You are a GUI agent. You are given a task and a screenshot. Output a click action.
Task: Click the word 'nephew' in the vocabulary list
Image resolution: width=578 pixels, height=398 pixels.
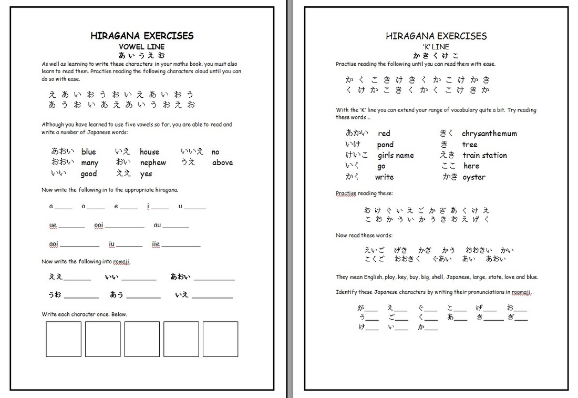click(x=152, y=163)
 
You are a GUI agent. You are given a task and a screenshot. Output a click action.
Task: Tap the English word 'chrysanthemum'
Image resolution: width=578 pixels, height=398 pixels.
click(x=489, y=134)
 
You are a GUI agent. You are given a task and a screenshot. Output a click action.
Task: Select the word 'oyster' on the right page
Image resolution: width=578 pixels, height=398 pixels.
click(x=474, y=177)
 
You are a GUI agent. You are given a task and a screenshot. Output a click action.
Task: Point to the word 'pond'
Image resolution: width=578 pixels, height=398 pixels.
click(x=385, y=145)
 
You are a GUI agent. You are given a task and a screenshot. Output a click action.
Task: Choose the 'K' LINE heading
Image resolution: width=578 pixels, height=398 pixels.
click(x=436, y=47)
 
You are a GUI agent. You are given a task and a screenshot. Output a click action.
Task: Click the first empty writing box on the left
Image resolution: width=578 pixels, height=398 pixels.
click(x=64, y=339)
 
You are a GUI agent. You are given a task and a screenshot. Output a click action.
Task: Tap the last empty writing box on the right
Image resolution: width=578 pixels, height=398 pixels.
click(x=220, y=339)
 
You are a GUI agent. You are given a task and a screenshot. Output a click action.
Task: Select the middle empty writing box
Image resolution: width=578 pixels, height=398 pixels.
click(x=142, y=339)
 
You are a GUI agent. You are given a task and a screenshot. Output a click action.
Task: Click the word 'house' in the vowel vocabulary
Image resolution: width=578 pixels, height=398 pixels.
click(x=149, y=152)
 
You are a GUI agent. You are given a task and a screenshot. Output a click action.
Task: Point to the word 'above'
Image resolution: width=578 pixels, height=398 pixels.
click(x=222, y=163)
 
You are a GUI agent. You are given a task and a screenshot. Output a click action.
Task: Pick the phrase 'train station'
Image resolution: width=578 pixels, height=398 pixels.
click(x=484, y=156)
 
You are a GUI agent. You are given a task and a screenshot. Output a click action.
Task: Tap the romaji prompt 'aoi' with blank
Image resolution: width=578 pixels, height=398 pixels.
click(x=54, y=244)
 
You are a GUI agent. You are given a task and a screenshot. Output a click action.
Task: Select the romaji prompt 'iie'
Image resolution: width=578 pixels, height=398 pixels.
click(x=156, y=244)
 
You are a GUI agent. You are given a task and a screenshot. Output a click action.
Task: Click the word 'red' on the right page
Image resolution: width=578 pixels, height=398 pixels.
click(x=384, y=134)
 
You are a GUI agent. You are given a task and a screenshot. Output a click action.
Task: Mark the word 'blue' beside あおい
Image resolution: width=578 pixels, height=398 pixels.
click(x=89, y=152)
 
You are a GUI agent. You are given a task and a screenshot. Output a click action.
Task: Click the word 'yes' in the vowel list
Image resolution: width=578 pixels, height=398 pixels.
click(x=146, y=174)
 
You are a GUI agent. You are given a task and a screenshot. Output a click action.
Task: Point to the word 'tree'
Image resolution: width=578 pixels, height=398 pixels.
click(x=470, y=145)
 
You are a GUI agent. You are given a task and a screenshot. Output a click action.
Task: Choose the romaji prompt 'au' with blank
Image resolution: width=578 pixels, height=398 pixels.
click(x=158, y=225)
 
